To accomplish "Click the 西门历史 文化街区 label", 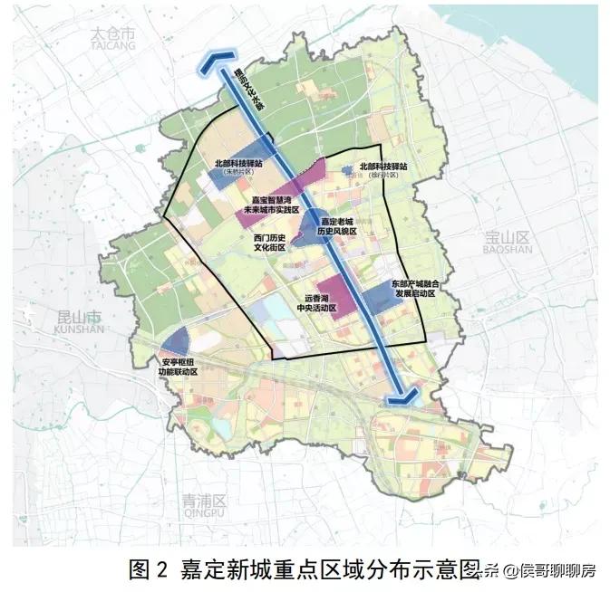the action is [x=270, y=241].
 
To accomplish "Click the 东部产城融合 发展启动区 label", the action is [x=413, y=289].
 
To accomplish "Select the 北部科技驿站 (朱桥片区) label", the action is [x=238, y=167].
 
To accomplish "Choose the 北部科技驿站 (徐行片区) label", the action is [x=384, y=169].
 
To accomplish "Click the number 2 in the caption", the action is [x=162, y=569].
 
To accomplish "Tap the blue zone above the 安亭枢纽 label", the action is [x=176, y=341].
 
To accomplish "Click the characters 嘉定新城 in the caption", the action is [x=236, y=569].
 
